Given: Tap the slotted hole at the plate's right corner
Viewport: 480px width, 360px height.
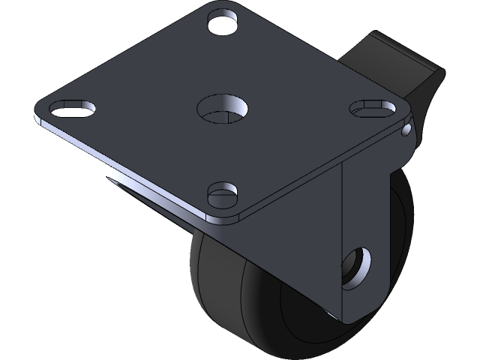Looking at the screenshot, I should click(368, 107).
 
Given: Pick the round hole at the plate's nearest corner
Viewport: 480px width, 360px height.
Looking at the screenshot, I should click(223, 195).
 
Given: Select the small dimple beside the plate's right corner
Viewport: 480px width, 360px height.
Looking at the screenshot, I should click(406, 132).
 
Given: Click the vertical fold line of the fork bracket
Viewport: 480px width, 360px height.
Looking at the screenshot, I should click(341, 240).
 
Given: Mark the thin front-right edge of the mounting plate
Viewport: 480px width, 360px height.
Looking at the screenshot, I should click(315, 175).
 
